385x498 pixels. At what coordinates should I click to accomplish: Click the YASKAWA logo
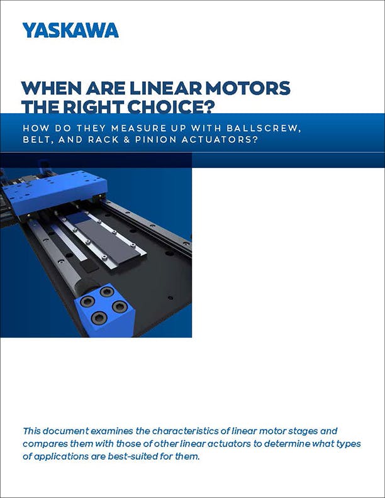tap(70, 30)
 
